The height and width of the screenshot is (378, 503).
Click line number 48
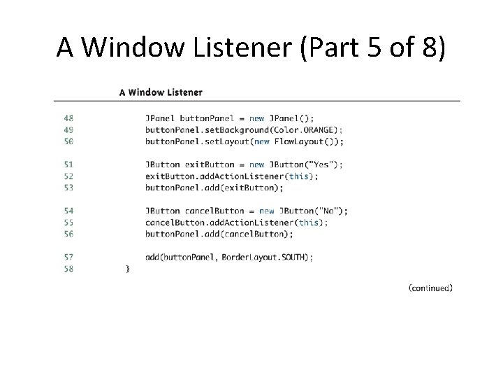(68, 118)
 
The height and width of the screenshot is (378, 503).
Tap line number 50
(68, 141)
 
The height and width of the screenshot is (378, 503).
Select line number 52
(68, 176)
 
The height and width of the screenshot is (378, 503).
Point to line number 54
(68, 211)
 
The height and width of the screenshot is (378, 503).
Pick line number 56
(68, 234)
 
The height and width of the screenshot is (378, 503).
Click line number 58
(68, 269)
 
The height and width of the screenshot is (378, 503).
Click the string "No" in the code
(330, 211)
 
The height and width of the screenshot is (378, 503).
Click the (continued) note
(430, 288)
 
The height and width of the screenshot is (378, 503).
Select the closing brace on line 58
(127, 269)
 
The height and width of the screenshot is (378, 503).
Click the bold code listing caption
(161, 92)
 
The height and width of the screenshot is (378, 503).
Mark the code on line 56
(219, 234)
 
